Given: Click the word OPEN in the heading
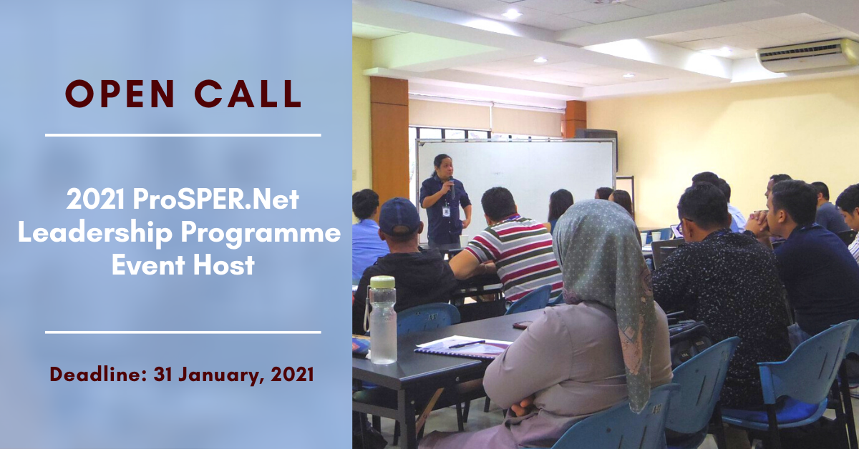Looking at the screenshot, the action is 120,94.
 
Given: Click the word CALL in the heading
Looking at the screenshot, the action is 248,94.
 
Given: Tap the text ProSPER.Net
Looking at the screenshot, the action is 216,199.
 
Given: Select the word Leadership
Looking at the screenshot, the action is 95,232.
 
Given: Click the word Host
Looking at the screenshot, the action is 223,265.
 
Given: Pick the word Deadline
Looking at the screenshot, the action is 99,374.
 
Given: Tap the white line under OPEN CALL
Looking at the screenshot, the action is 183,135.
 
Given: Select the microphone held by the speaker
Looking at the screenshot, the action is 452,187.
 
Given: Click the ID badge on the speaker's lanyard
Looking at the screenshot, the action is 445,212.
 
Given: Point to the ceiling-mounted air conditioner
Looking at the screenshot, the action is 808,56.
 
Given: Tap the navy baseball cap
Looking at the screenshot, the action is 398,216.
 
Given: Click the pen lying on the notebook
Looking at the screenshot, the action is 466,344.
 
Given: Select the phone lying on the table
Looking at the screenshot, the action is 523,325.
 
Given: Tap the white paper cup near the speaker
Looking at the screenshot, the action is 464,240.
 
